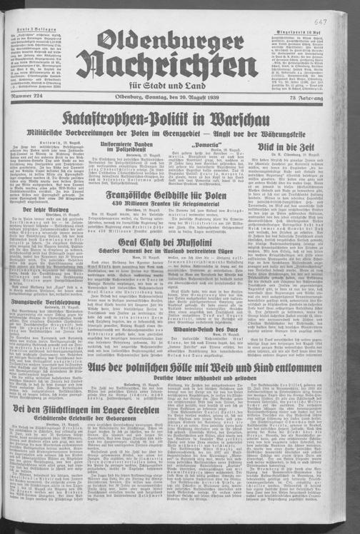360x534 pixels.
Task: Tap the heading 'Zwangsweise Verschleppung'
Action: click(x=43, y=301)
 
